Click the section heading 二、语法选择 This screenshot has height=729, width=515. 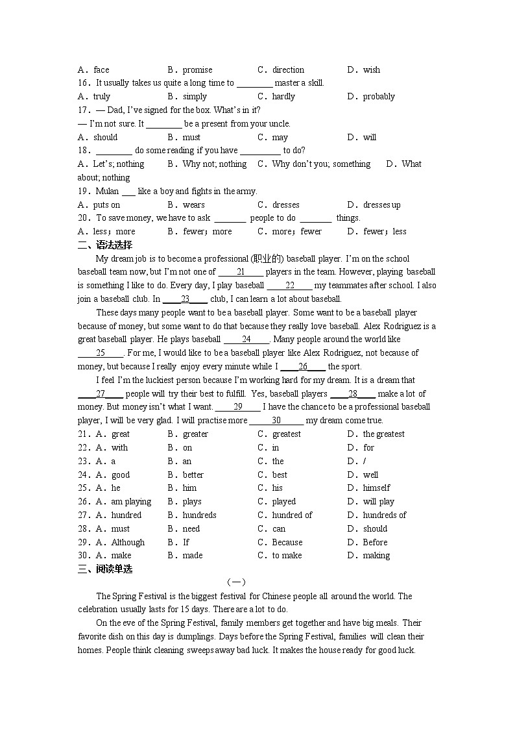click(x=104, y=245)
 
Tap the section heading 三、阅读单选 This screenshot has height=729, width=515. click(x=104, y=569)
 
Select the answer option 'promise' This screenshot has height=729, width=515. click(x=197, y=69)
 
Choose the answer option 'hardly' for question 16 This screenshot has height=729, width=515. click(x=283, y=96)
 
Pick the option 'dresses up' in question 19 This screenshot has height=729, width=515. click(x=381, y=204)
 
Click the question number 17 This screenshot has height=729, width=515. click(x=83, y=110)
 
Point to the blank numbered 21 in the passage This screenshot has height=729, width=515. click(x=240, y=272)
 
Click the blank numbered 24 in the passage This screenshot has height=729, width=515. click(x=246, y=339)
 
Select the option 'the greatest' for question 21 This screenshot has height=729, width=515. click(x=383, y=434)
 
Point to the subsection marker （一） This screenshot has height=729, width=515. click(x=235, y=582)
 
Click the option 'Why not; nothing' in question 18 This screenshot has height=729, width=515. click(x=214, y=164)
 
